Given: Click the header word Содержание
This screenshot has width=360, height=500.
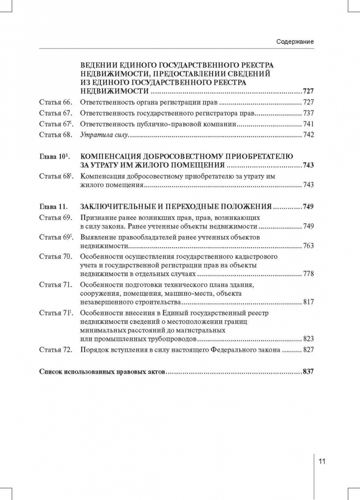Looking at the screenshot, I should tap(295, 42).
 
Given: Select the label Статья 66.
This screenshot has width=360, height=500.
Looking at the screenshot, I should tap(55, 102).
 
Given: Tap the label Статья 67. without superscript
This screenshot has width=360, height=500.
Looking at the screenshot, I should tap(55, 113).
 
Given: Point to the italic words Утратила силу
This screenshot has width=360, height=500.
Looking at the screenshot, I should tap(104, 135).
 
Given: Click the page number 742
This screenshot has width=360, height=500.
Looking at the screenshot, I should tap(308, 135).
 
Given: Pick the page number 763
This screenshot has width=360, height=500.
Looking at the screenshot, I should tap(308, 245).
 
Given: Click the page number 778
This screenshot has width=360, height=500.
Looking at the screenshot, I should tap(308, 274).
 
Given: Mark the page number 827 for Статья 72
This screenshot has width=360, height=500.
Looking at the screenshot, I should tap(308, 350).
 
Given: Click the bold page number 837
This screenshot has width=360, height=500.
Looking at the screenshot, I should tap(308, 372).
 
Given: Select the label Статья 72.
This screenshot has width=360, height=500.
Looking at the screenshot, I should tap(55, 350).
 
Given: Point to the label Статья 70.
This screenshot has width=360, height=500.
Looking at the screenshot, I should tap(55, 256).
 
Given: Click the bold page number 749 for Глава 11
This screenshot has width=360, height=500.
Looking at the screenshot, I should tap(308, 206).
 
